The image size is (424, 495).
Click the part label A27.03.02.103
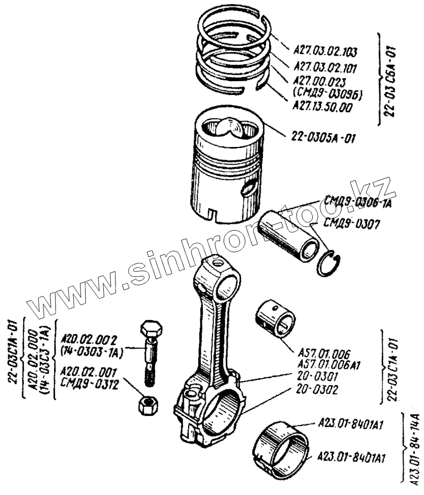(324, 52)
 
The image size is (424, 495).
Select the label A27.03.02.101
(324, 68)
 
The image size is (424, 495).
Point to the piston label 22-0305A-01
(323, 139)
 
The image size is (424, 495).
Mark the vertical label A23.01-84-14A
(413, 446)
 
